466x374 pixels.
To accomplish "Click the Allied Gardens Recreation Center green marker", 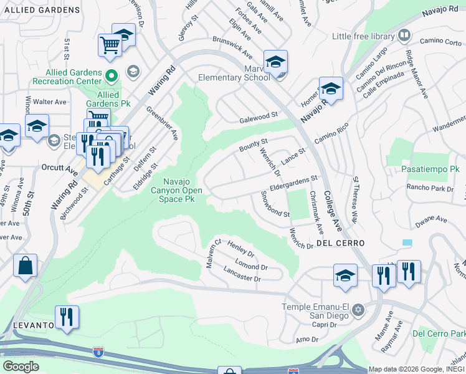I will [x=112, y=77].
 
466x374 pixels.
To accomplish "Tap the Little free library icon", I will [x=404, y=36].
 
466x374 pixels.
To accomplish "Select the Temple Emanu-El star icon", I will [x=358, y=310].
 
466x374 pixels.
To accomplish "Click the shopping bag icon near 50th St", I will [x=26, y=266].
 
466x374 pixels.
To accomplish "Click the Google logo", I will [x=21, y=366].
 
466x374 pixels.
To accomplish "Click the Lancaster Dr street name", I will [x=241, y=275].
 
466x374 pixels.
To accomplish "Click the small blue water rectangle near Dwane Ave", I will [x=407, y=242].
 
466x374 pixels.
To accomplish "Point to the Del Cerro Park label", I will [x=439, y=333].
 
